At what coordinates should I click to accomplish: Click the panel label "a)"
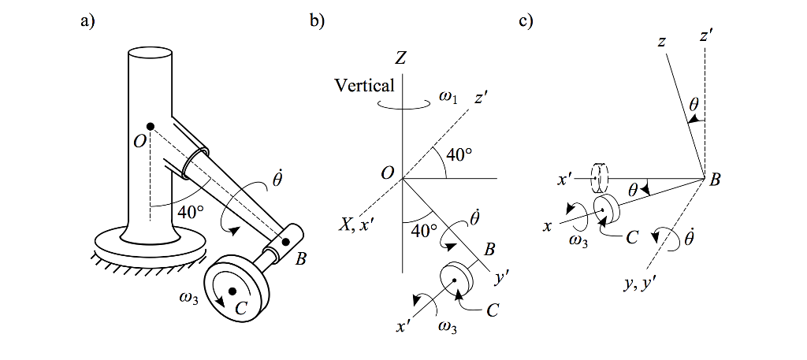(87, 22)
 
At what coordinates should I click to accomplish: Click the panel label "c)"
(526, 22)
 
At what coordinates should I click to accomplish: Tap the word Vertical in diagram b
(365, 85)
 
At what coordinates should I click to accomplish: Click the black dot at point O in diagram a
(151, 126)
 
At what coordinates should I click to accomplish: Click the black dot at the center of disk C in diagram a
(232, 291)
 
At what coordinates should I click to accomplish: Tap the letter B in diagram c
(715, 180)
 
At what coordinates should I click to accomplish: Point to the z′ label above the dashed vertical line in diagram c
(706, 36)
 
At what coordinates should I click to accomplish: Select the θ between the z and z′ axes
(694, 104)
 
